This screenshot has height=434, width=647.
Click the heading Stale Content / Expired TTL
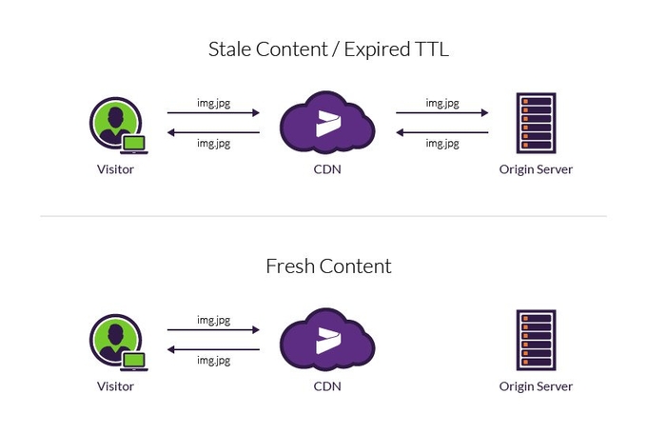point(328,50)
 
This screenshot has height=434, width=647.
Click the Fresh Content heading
point(328,266)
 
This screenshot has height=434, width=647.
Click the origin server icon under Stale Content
point(536,123)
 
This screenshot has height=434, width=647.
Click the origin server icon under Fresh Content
point(536,340)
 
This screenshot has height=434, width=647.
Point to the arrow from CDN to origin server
point(442,113)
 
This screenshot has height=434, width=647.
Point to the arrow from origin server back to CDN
point(442,132)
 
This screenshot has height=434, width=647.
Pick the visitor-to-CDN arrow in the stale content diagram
point(213,113)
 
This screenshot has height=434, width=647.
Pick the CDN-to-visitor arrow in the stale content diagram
point(213,132)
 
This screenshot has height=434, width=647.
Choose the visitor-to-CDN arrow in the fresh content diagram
point(213,330)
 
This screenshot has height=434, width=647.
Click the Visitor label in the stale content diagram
point(115,170)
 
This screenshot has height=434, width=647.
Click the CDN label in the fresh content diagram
point(327,386)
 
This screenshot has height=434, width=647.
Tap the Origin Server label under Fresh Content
point(536,386)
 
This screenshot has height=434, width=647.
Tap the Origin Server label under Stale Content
point(536,170)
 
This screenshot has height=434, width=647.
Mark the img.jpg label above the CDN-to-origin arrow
point(442,102)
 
